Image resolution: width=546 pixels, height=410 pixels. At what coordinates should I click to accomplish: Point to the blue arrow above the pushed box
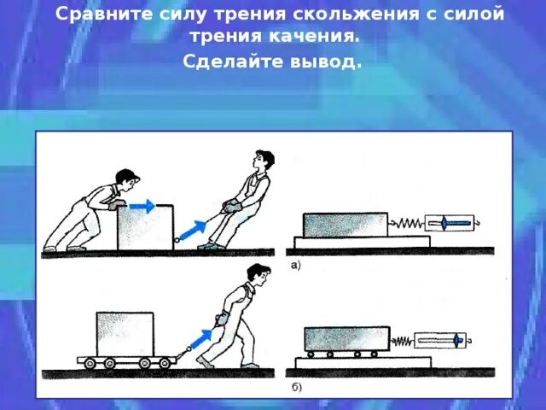click(x=142, y=206)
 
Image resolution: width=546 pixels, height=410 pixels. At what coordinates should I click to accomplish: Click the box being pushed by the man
click(x=145, y=227)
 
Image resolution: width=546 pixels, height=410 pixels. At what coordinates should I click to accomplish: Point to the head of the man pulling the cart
click(x=258, y=273)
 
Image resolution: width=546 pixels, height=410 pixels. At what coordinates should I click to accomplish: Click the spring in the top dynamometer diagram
click(x=407, y=224)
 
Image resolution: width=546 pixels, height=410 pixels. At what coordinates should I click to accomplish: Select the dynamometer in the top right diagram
click(x=453, y=224)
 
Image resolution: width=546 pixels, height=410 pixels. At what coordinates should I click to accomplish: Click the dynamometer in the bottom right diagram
click(x=442, y=340)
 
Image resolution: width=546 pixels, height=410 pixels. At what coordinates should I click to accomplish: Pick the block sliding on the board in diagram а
click(x=344, y=225)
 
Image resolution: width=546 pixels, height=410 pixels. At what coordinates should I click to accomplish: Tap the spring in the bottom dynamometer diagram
click(x=402, y=342)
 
